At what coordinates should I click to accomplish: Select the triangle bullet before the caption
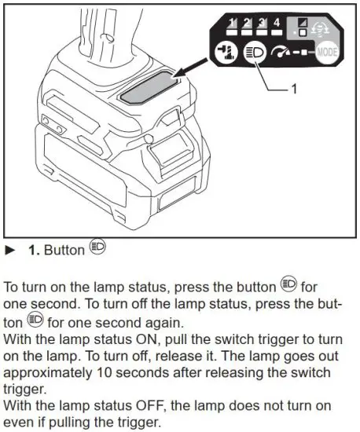point(10,250)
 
